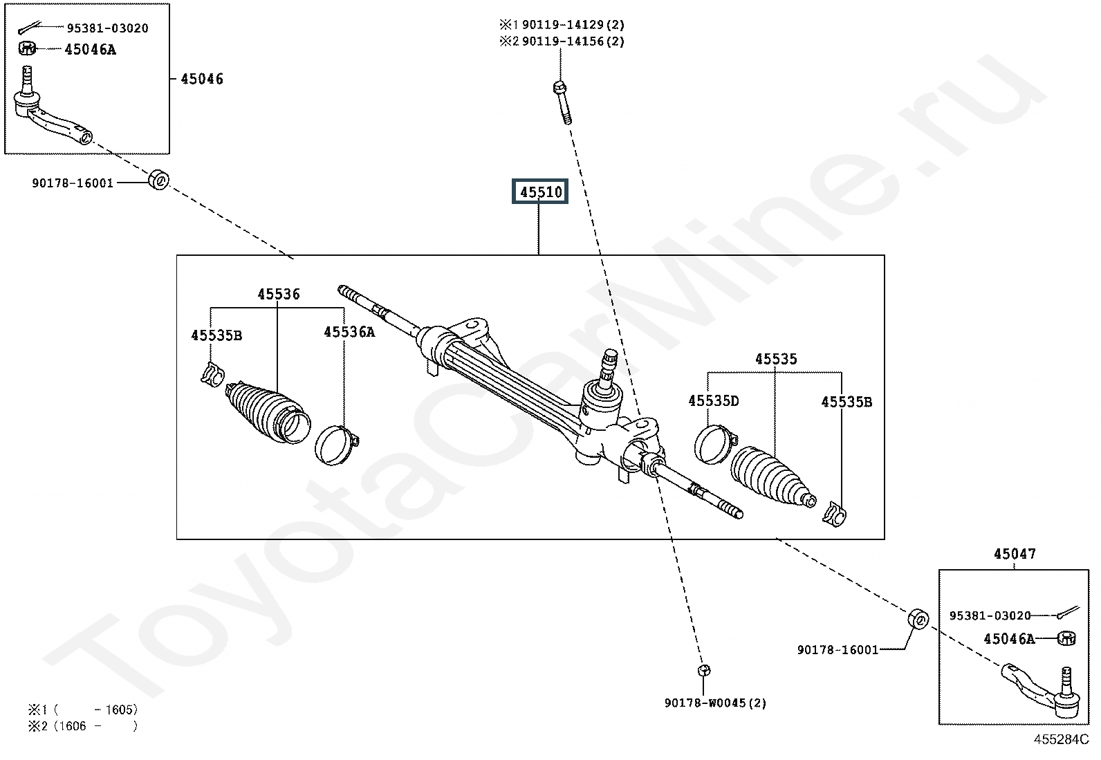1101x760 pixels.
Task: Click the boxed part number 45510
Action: click(540, 192)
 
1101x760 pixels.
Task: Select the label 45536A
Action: click(349, 333)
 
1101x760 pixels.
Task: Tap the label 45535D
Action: click(713, 401)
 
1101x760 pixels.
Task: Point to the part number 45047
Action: click(1015, 554)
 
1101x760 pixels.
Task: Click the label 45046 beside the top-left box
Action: click(201, 79)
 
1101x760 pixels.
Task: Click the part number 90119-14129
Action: click(562, 25)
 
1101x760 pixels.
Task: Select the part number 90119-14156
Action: click(562, 41)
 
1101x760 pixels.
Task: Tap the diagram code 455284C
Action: click(1061, 739)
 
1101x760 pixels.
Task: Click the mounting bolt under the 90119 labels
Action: click(563, 103)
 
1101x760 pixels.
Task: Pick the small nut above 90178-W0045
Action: click(704, 670)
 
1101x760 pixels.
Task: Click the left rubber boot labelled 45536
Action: click(268, 412)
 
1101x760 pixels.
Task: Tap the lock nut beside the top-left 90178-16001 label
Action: click(159, 180)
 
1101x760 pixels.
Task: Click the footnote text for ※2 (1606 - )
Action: click(82, 727)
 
